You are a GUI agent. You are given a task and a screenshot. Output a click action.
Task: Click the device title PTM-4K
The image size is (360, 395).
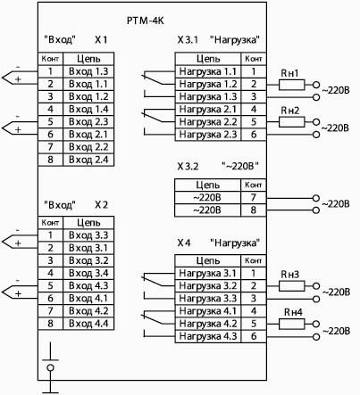pyautogui.click(x=146, y=21)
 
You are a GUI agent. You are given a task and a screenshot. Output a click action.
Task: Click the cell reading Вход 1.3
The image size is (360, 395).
pyautogui.click(x=88, y=71)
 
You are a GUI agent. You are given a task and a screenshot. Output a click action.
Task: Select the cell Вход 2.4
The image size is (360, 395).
pyautogui.click(x=88, y=160)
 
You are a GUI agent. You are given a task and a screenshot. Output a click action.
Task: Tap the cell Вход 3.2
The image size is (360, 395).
pyautogui.click(x=88, y=260)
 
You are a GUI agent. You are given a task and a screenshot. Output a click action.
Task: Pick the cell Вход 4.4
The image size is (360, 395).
pyautogui.click(x=88, y=324)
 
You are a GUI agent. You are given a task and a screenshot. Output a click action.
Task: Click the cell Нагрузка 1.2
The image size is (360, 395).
pyautogui.click(x=208, y=84)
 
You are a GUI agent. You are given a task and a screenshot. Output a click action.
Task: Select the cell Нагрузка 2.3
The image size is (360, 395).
pyautogui.click(x=208, y=135)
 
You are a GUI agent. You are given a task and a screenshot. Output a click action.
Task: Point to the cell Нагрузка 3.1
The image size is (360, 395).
pyautogui.click(x=208, y=273)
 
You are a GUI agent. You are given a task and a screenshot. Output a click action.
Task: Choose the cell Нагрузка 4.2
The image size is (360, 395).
pyautogui.click(x=208, y=324)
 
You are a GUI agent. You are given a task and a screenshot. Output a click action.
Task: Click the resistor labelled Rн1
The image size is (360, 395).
pyautogui.click(x=292, y=85)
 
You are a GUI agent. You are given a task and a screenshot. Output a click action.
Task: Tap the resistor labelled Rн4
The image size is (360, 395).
pyautogui.click(x=292, y=324)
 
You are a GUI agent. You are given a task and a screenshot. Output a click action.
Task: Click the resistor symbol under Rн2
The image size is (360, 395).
pyautogui.click(x=292, y=122)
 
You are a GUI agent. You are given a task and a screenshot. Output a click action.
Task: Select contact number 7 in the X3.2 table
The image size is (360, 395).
pyautogui.click(x=254, y=197)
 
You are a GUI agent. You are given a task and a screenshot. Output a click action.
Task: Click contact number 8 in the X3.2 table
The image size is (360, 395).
pyautogui.click(x=254, y=210)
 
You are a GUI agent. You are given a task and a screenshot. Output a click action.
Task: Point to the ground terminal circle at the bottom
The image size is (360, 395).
pyautogui.click(x=50, y=367)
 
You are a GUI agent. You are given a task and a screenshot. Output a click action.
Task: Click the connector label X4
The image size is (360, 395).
pyautogui.click(x=184, y=243)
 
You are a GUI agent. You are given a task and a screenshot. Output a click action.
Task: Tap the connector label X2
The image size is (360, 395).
pyautogui.click(x=101, y=205)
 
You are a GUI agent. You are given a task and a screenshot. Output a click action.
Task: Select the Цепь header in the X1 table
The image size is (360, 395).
pyautogui.click(x=88, y=59)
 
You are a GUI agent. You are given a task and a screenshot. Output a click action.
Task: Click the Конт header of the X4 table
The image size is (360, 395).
pyautogui.click(x=254, y=260)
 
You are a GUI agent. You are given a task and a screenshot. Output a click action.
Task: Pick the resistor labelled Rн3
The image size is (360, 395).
pyautogui.click(x=292, y=286)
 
